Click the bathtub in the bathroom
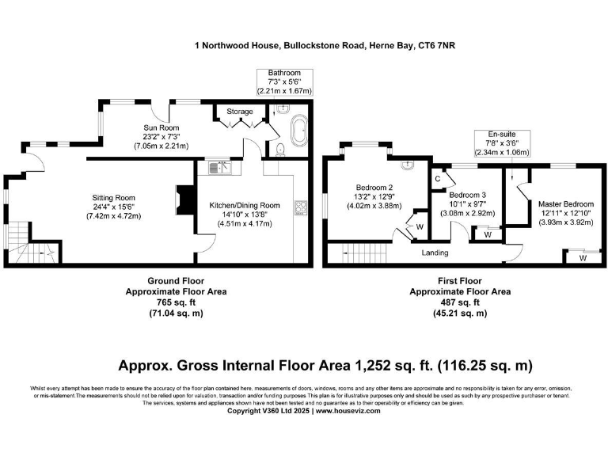pyautogui.click(x=299, y=129)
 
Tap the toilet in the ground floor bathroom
pyautogui.click(x=280, y=148)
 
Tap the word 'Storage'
pyautogui.click(x=240, y=112)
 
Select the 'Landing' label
pyautogui.click(x=435, y=253)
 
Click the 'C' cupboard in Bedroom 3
pyautogui.click(x=437, y=179)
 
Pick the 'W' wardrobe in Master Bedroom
pyautogui.click(x=582, y=257)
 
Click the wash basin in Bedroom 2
pyautogui.click(x=407, y=165)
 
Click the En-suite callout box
pyautogui.click(x=501, y=143)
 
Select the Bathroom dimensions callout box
pyautogui.click(x=285, y=82)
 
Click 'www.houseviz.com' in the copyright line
pyautogui.click(x=349, y=411)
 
